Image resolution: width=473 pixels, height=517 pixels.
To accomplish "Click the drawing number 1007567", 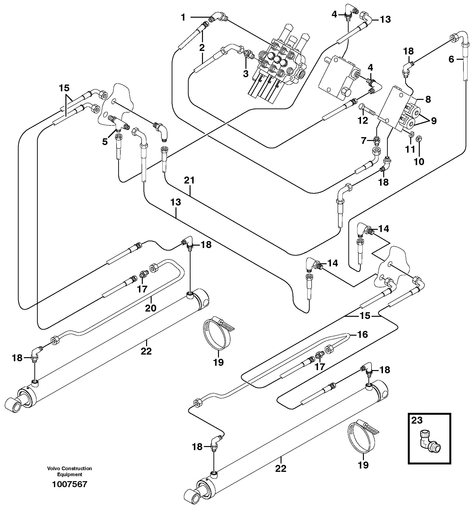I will [x=69, y=484].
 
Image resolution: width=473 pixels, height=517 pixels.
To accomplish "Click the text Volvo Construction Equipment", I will [x=69, y=471].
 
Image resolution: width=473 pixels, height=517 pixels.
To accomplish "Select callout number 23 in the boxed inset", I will [x=417, y=420].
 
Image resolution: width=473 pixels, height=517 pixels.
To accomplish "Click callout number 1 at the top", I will [x=183, y=17].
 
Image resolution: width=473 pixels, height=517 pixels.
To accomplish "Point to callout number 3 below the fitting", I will [x=245, y=74].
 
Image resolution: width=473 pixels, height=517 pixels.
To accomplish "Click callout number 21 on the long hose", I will [x=189, y=180].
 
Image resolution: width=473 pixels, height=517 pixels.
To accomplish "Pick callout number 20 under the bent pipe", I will [x=150, y=308].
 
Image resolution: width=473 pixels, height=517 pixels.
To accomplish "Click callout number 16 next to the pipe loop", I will [x=362, y=334].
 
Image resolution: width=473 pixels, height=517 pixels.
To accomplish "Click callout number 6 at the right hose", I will [x=451, y=59].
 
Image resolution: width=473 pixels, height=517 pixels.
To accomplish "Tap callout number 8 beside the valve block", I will [x=428, y=99].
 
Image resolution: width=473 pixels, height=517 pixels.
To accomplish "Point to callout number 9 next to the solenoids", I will [x=434, y=121].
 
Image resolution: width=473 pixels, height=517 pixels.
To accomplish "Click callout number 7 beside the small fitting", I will [x=364, y=140].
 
